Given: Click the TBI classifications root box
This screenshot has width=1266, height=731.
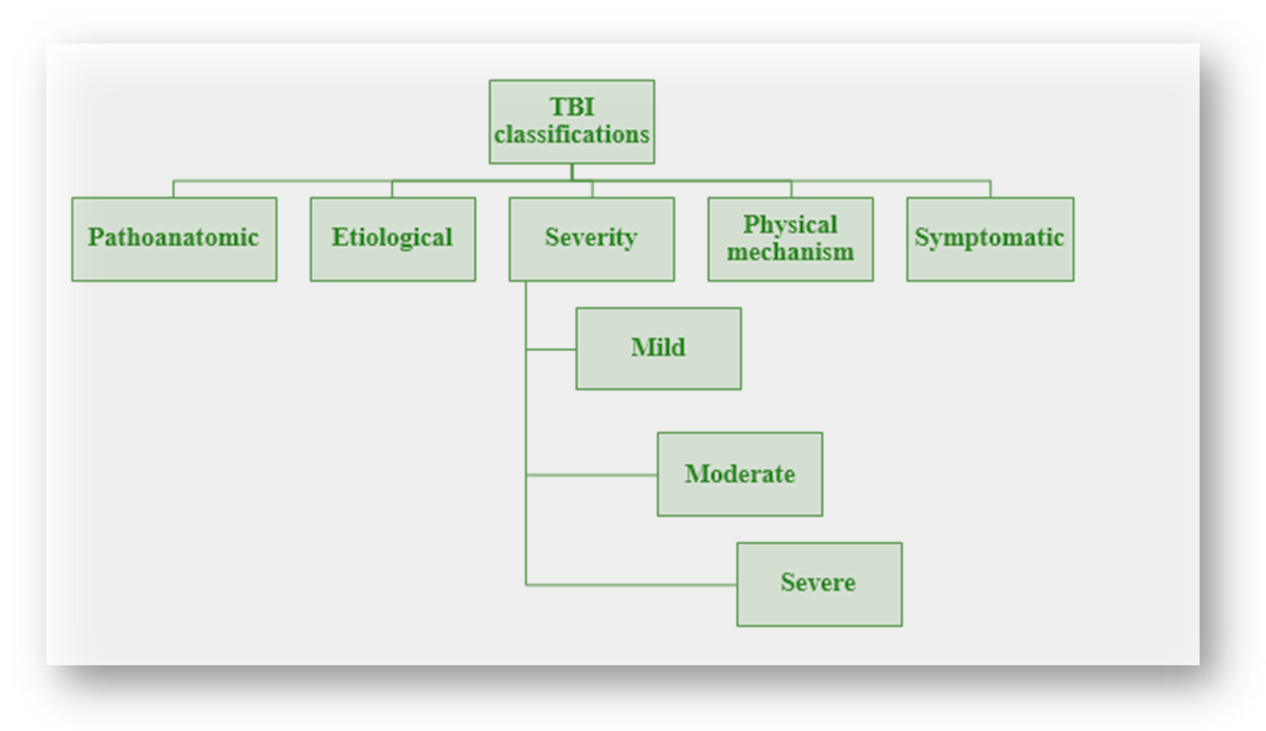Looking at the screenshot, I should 572,121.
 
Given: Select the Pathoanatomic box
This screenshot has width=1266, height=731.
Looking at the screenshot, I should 174,239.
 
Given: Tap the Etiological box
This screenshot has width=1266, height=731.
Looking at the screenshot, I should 393,239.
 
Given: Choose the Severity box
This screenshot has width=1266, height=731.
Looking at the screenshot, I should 591,239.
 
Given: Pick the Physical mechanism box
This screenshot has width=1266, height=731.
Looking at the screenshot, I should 790,239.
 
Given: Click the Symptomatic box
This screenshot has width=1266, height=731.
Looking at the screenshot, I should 990,239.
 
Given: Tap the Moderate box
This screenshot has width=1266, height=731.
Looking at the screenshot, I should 739,474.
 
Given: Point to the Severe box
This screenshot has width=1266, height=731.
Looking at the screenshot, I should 819,584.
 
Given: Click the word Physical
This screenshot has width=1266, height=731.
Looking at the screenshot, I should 790,225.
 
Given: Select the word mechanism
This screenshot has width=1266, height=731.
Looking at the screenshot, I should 790,252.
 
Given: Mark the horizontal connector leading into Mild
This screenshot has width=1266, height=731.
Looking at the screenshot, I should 551,349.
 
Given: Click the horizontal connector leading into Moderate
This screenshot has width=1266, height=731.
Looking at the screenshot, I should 591,474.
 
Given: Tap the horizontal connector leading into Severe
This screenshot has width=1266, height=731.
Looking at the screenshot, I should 631,585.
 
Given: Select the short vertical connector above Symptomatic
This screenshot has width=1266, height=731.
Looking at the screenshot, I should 990,189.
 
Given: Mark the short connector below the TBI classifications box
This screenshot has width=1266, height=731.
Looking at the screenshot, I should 572,172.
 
